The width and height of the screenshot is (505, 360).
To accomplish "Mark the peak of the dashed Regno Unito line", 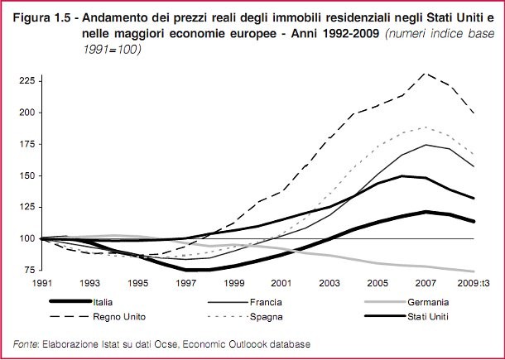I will (426, 73).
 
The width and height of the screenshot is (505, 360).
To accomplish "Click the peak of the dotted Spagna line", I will (426, 127).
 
